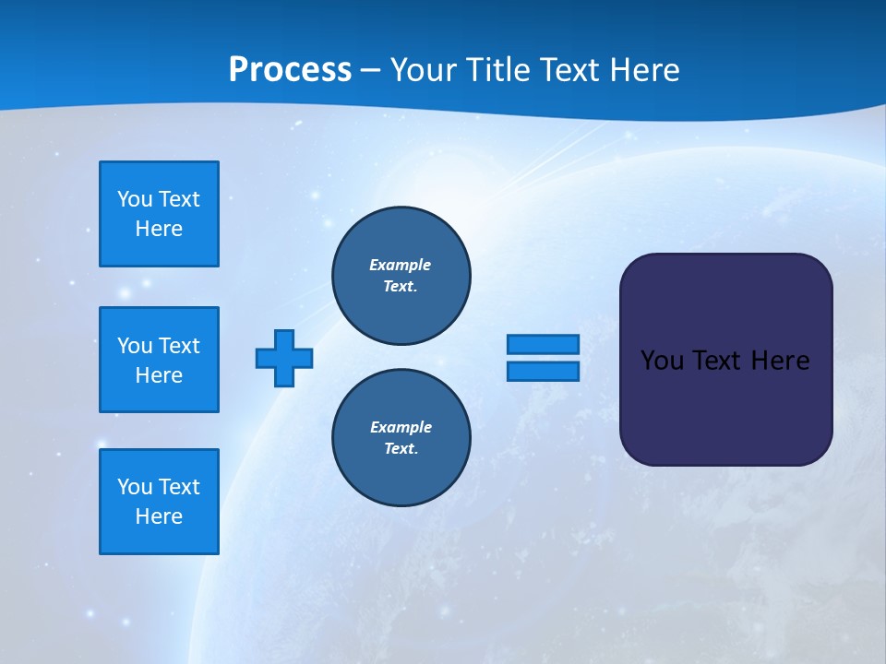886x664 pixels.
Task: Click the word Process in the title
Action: tap(290, 70)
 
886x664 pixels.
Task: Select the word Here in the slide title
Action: tap(643, 70)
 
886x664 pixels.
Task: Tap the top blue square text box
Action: tap(159, 214)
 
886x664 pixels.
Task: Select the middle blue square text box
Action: tap(159, 360)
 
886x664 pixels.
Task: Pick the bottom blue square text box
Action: tap(159, 502)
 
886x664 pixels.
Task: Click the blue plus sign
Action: tap(284, 358)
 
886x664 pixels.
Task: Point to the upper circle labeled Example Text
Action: tap(401, 276)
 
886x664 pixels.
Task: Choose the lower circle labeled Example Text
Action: tap(401, 438)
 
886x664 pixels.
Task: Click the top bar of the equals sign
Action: tap(543, 344)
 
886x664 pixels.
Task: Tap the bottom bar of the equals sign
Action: tap(543, 371)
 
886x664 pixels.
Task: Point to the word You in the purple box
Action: tap(663, 361)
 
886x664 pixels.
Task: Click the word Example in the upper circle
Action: tap(400, 265)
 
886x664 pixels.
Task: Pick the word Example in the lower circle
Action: tap(401, 427)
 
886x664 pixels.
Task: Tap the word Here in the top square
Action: tap(159, 229)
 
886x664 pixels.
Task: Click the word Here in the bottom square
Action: tap(159, 516)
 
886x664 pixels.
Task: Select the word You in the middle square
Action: tap(135, 346)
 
